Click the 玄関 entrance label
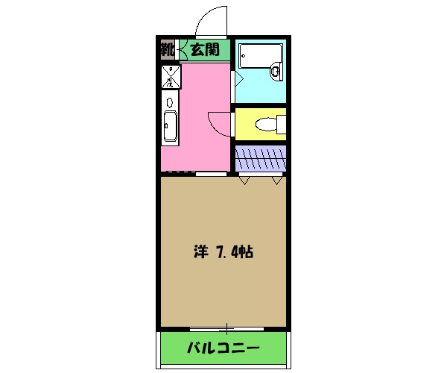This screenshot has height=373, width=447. coord(203,51)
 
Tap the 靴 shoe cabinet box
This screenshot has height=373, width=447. coord(166,51)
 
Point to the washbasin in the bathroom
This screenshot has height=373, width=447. coord(275,72)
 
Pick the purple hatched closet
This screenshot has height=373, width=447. coord(260,157)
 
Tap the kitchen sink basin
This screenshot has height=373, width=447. coord(170,126)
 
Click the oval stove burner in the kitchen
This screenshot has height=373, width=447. coord(170,101)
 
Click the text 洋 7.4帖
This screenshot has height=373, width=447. coord(223,252)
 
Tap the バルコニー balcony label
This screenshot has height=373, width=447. coord(223,348)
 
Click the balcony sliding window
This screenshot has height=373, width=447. coord(223,328)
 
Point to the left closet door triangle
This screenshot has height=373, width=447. coord(244,181)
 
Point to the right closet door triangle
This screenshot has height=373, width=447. coord(277,181)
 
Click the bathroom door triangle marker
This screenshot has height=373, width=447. coord(237,78)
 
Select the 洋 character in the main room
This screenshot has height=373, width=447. coord(200,252)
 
